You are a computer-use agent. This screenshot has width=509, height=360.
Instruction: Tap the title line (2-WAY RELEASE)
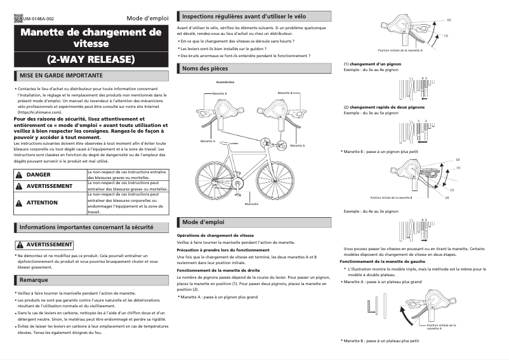coord(91,60)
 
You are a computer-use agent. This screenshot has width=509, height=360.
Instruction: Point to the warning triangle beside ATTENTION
coord(20,203)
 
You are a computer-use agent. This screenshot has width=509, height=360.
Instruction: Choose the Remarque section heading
coord(34,279)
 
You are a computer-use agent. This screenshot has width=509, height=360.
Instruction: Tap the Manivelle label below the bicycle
coord(251,204)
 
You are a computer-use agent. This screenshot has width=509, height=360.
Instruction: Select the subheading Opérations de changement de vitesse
coord(215,235)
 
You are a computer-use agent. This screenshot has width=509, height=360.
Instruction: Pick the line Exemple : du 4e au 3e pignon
coord(371,210)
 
